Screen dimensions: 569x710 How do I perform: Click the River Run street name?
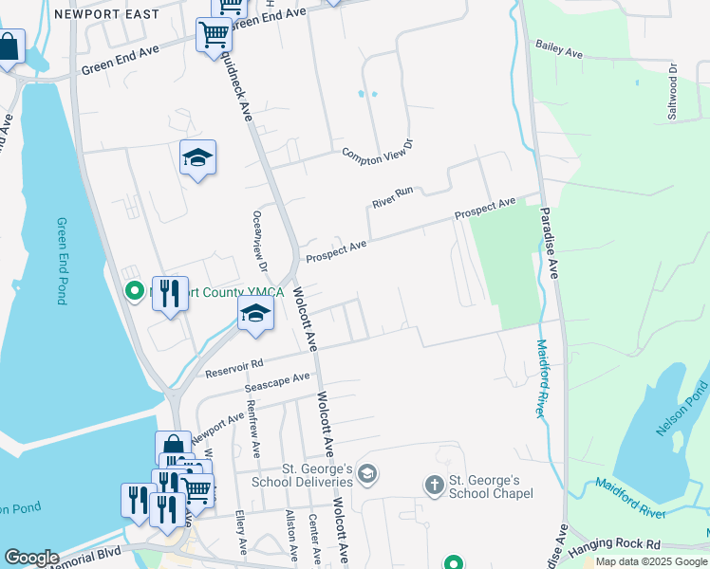pyautogui.click(x=393, y=197)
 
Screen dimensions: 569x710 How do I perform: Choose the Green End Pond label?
pyautogui.click(x=62, y=261)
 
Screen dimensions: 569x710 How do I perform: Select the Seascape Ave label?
pyautogui.click(x=277, y=383)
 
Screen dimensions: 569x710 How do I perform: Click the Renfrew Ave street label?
pyautogui.click(x=252, y=423)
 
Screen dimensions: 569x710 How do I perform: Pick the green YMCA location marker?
pyautogui.click(x=134, y=291)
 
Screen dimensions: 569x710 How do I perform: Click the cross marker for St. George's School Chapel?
pyautogui.click(x=435, y=486)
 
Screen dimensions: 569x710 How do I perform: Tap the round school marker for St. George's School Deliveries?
pyautogui.click(x=367, y=473)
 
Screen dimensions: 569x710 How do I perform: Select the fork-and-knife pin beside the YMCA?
pyautogui.click(x=170, y=291)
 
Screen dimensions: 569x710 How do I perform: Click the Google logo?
pyautogui.click(x=31, y=558)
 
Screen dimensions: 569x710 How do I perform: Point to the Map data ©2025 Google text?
pyautogui.click(x=651, y=561)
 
